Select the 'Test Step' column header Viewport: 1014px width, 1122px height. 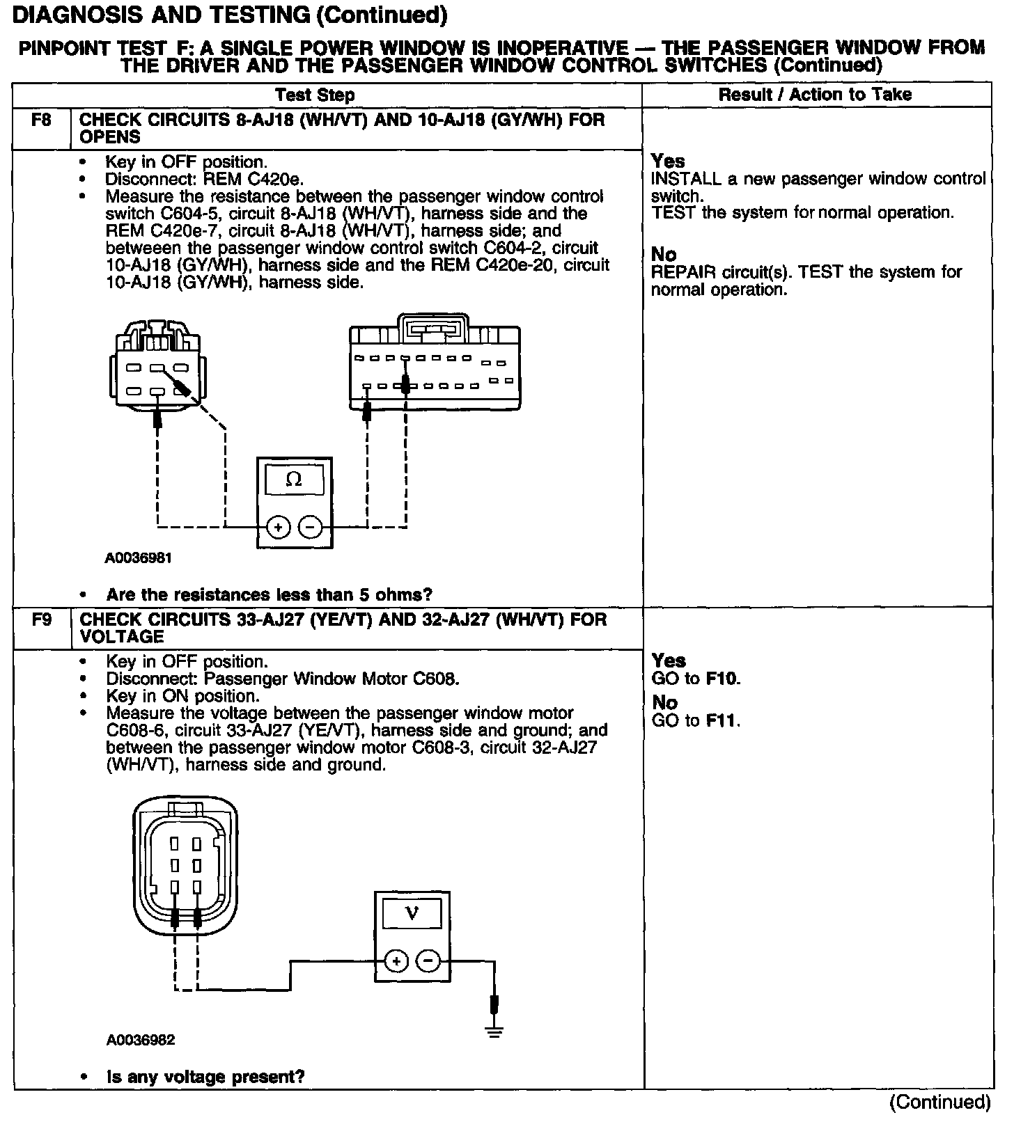315,95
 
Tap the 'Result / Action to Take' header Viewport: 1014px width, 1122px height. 815,95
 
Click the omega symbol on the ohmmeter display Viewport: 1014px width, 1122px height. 294,480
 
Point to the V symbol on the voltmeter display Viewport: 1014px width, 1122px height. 411,912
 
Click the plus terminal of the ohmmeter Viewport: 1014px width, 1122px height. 278,527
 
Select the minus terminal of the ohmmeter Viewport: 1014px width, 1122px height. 310,527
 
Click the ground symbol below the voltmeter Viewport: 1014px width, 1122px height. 494,1031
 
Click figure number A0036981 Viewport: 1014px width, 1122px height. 139,558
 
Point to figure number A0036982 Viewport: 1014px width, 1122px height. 140,1040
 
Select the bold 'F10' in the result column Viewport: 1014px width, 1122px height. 721,679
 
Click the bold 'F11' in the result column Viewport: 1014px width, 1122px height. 721,720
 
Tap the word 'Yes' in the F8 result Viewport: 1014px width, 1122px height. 668,161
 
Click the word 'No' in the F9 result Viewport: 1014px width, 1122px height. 665,703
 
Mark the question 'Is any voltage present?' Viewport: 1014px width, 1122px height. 205,1077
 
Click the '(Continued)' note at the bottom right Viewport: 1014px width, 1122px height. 939,1102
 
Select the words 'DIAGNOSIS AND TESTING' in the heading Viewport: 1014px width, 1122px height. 160,14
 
